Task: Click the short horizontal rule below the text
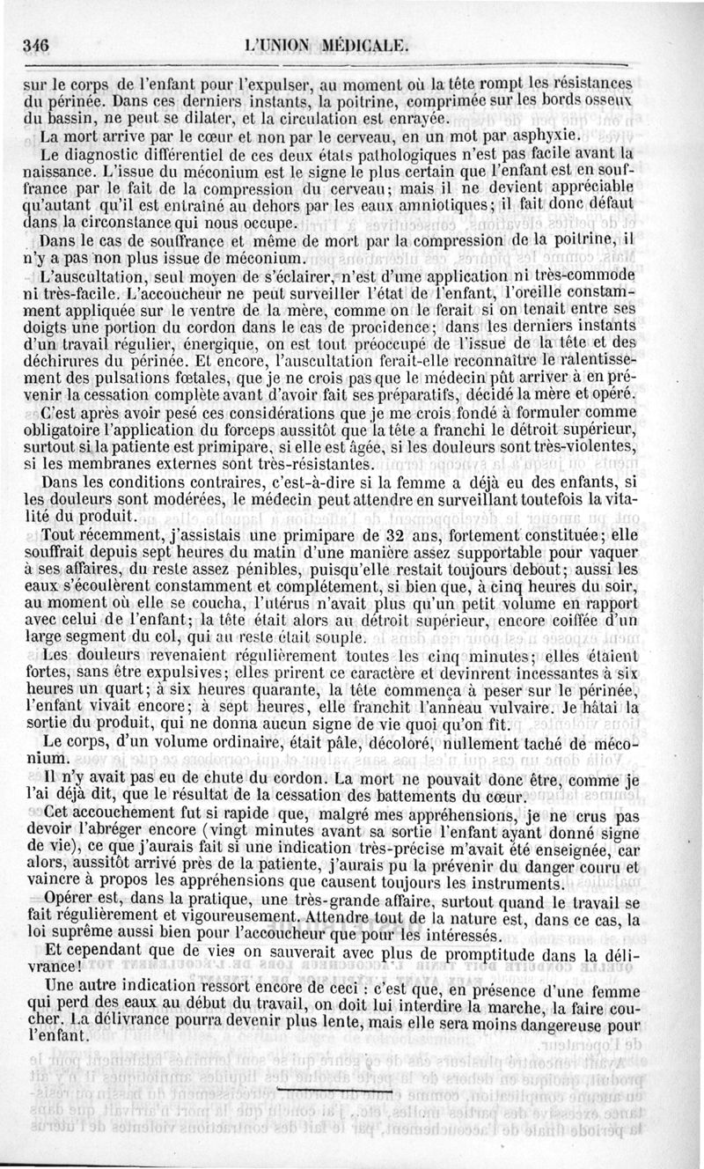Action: coord(335,1090)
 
